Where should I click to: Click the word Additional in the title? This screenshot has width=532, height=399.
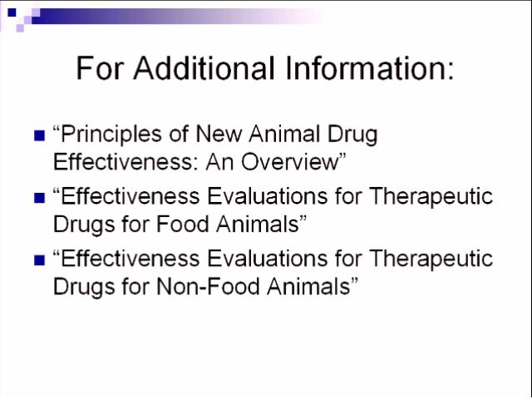204,68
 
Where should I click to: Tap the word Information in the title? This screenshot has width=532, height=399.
370,68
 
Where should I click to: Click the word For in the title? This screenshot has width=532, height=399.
99,68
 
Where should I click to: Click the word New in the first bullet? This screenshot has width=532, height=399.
219,134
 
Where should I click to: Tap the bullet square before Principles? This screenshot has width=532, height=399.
40,135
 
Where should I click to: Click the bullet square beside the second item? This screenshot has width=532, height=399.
40,198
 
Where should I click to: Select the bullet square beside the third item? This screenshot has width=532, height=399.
40,260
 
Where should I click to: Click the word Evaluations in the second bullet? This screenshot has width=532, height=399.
268,196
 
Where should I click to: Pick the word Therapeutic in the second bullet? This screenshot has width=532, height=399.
431,197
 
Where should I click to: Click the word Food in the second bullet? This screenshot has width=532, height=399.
182,224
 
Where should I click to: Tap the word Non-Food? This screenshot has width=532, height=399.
208,286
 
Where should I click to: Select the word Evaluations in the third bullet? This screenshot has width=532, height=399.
268,259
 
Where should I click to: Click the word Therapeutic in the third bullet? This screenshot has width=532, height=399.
431,259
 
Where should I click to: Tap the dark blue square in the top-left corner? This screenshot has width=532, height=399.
12,12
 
